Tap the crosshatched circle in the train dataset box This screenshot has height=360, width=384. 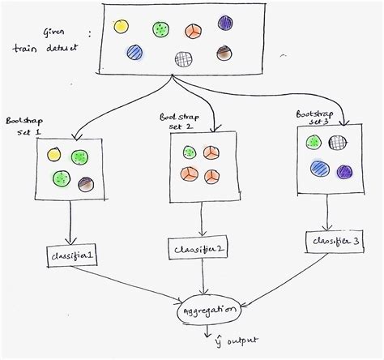point(185,58)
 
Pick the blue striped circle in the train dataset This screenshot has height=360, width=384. point(134,54)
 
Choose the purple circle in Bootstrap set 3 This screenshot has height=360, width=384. point(344,172)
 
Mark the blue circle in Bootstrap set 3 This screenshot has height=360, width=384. point(318,168)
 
